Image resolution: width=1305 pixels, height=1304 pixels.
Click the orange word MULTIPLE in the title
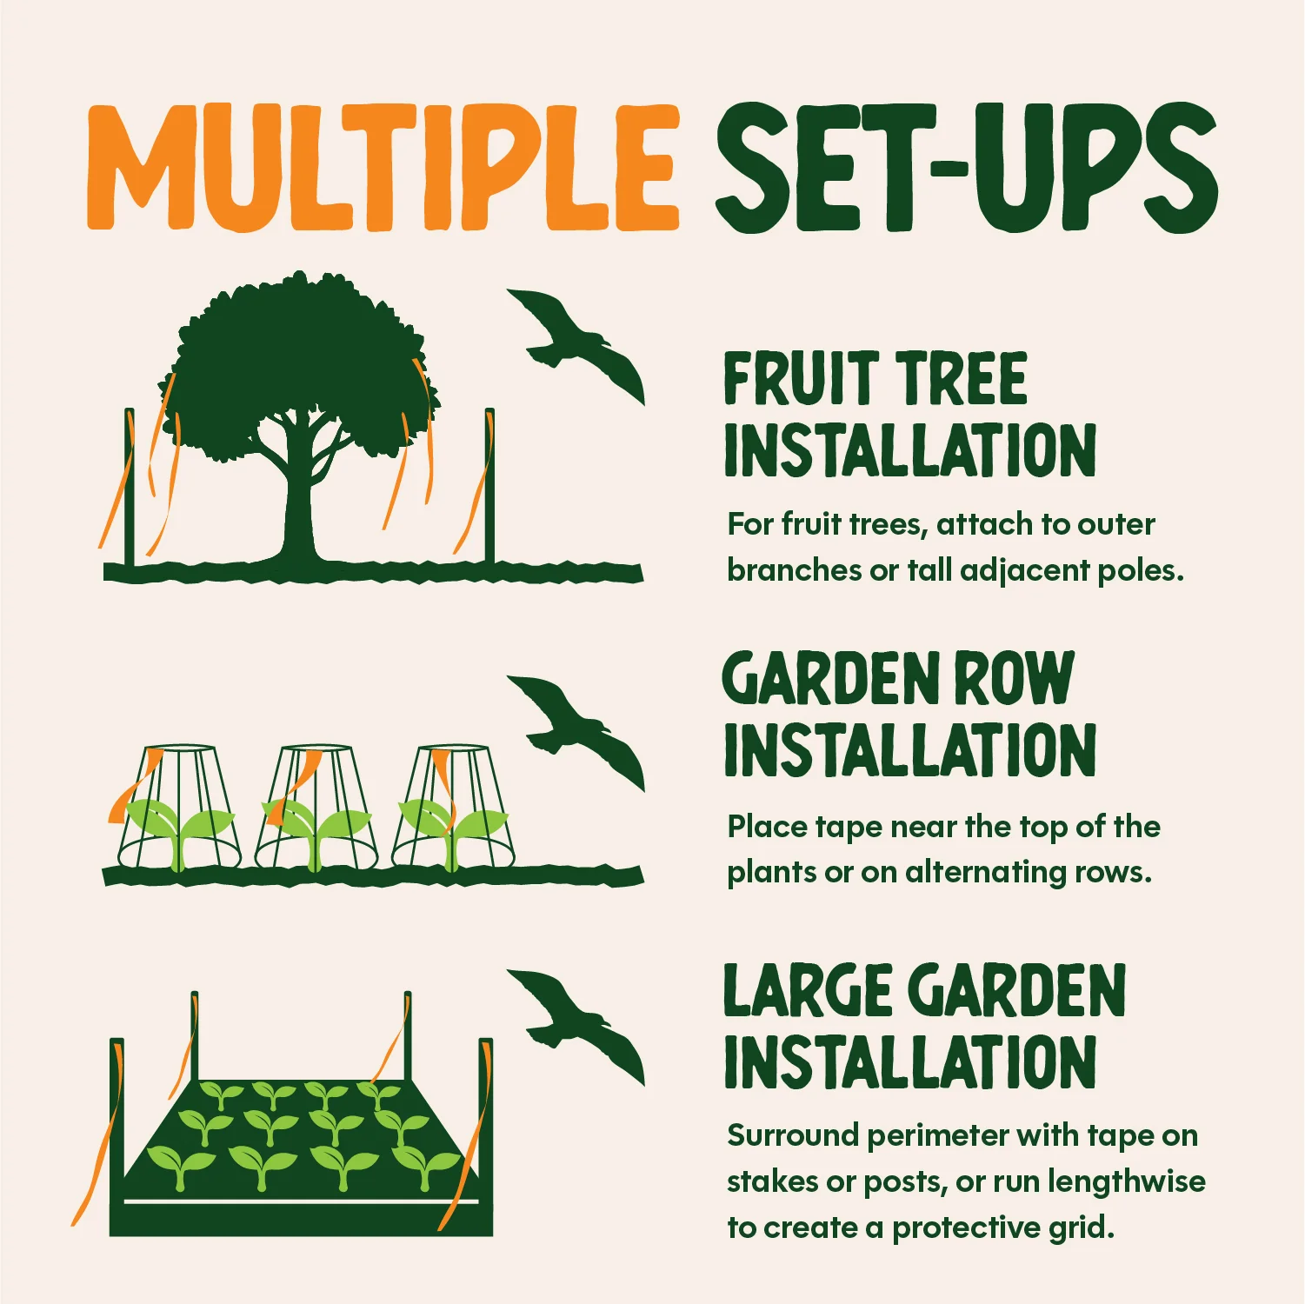[383, 168]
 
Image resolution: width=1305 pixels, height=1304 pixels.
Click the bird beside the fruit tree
[576, 345]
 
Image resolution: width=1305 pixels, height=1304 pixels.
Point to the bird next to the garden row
[576, 732]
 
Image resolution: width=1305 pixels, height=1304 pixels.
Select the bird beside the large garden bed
[576, 1026]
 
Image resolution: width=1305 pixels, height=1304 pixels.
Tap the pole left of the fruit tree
[130, 487]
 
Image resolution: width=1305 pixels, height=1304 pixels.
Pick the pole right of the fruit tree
[489, 487]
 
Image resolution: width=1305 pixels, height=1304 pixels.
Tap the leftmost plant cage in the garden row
[179, 807]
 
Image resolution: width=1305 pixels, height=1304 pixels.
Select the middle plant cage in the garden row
[316, 807]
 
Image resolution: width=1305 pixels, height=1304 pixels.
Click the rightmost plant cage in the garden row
[453, 807]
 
